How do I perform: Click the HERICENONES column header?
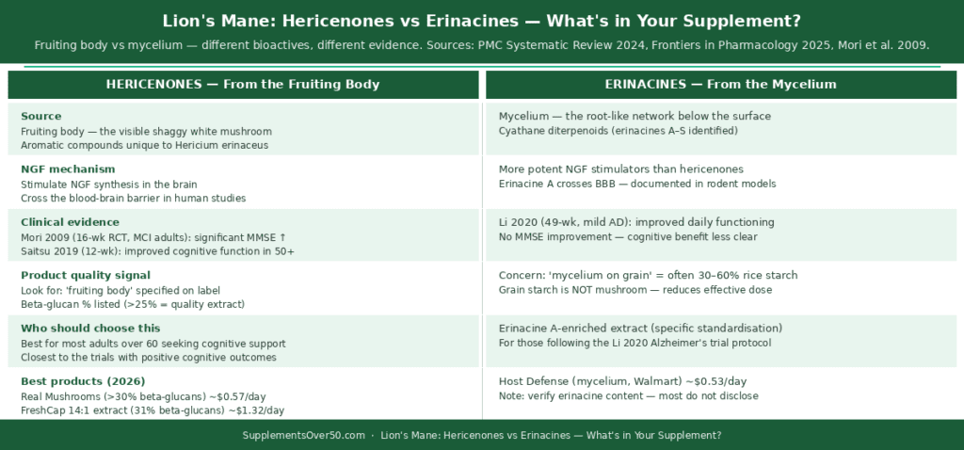coord(243,85)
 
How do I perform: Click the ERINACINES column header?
coord(720,85)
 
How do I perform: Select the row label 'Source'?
coord(40,116)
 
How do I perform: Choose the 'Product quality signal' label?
coord(85,275)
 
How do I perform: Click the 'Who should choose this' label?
coord(89,328)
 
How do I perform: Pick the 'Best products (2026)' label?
coord(83,381)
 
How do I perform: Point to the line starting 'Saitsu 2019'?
coord(157,251)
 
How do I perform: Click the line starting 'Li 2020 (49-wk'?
coord(636,222)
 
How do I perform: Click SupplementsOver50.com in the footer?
coord(303,436)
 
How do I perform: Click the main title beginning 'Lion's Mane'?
coord(482,21)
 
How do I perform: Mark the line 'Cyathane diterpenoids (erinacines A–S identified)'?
coord(619,131)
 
